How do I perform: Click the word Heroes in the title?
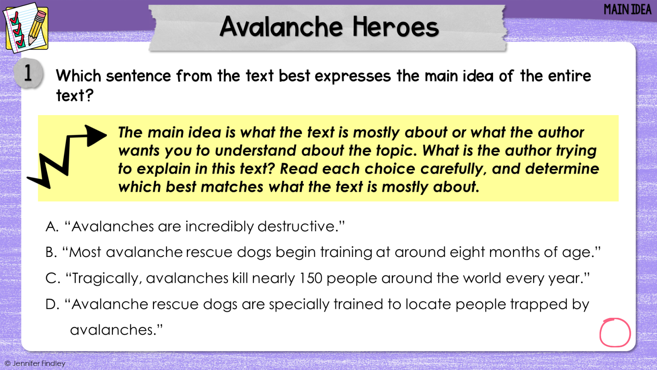coord(396,27)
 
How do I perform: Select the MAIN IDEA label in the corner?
coord(627,10)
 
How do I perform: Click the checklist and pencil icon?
coord(26,28)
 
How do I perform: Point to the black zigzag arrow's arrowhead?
coord(95,136)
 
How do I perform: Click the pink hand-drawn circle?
coord(615,333)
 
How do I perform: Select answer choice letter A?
coord(52,227)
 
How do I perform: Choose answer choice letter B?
coord(51,252)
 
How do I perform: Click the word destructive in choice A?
coord(298,227)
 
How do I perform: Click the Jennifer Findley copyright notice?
coord(35,363)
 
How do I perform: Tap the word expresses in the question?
coord(353,76)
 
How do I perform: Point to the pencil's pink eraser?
coord(41,16)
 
